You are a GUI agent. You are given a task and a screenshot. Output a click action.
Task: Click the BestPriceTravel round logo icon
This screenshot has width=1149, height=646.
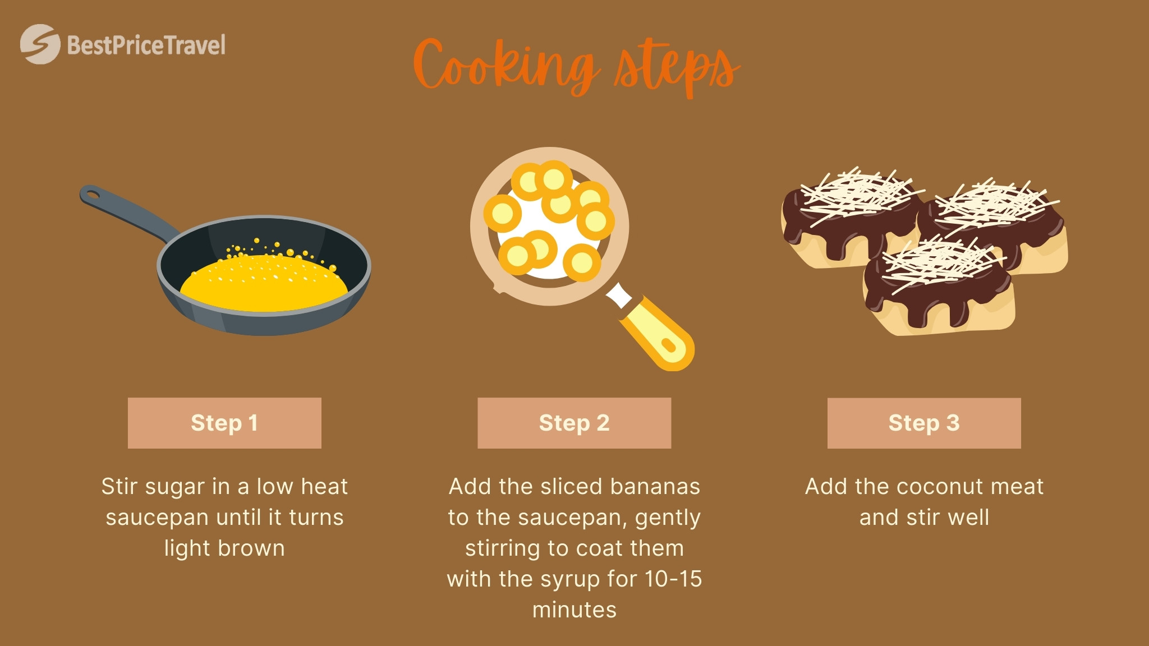[x=40, y=44]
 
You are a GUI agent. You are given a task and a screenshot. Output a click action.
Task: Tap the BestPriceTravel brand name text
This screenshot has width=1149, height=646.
[x=146, y=45]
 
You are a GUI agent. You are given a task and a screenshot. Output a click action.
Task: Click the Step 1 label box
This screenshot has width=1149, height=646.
[x=224, y=423]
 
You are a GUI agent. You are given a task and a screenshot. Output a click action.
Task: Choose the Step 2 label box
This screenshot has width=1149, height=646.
[x=574, y=423]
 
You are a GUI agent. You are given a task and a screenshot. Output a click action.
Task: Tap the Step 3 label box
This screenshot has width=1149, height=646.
[x=924, y=423]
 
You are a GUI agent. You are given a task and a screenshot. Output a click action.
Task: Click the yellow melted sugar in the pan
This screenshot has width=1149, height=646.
[x=264, y=283]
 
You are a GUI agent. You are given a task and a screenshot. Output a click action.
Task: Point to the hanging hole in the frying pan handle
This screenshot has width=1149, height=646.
[x=92, y=195]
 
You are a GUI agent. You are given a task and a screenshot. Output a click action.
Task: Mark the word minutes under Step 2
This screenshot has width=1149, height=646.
[x=574, y=610]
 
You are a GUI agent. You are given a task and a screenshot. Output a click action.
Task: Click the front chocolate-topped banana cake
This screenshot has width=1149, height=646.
[x=938, y=289]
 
